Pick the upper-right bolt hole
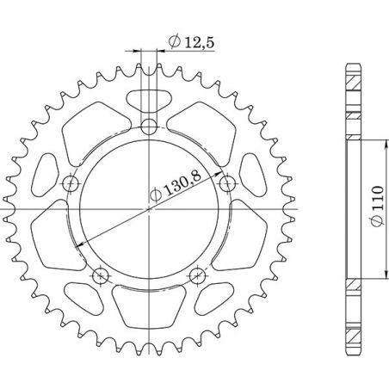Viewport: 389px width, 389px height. click(x=227, y=184)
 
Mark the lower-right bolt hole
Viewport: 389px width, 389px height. click(x=198, y=275)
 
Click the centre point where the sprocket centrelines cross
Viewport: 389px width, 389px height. click(x=150, y=210)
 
